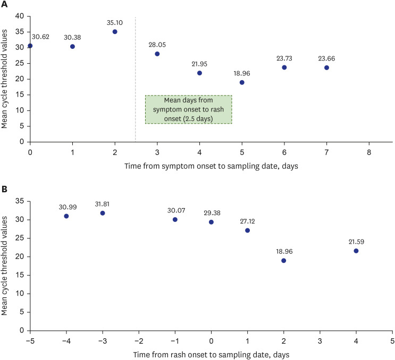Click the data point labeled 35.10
115,32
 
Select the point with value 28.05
157,54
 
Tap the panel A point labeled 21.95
199,73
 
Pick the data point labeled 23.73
284,67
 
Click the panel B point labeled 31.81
103,213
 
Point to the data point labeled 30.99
66,216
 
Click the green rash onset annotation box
189,109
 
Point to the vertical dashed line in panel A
136,80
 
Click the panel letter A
4,5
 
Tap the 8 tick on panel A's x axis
368,151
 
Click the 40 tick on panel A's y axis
19,16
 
